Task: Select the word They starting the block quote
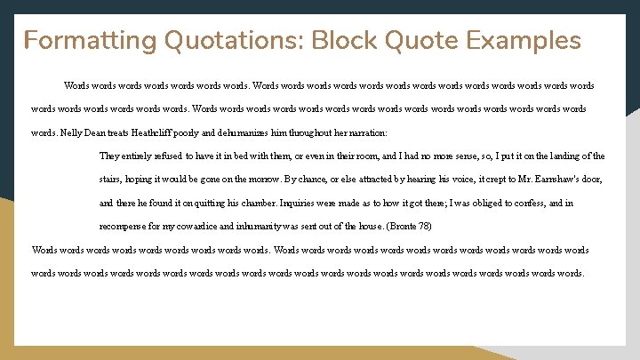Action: pos(110,156)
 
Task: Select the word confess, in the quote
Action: pos(534,203)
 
